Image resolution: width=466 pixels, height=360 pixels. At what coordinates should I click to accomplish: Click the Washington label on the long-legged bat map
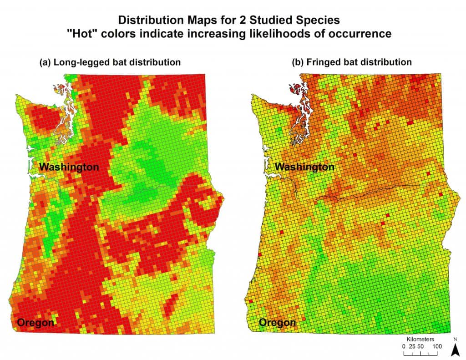pos(69,167)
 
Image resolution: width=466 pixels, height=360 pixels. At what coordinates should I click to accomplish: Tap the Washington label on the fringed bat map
pos(305,167)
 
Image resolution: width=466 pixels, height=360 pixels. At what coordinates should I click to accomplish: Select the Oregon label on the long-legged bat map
pos(36,323)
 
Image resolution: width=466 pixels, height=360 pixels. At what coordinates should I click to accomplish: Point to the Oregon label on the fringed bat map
pos(278,323)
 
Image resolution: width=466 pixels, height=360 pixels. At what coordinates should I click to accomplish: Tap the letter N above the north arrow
pos(455,339)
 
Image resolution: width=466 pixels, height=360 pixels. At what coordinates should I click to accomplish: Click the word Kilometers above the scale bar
pos(421,340)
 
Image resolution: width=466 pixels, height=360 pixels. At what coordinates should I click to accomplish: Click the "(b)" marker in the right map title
pos(298,62)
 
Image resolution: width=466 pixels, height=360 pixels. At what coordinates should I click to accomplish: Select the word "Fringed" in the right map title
pos(323,62)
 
